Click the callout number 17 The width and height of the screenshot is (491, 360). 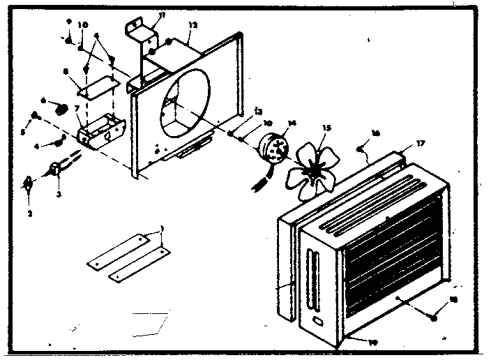tap(420, 144)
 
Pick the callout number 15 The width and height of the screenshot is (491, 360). tap(325, 128)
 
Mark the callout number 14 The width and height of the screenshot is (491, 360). tap(292, 123)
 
